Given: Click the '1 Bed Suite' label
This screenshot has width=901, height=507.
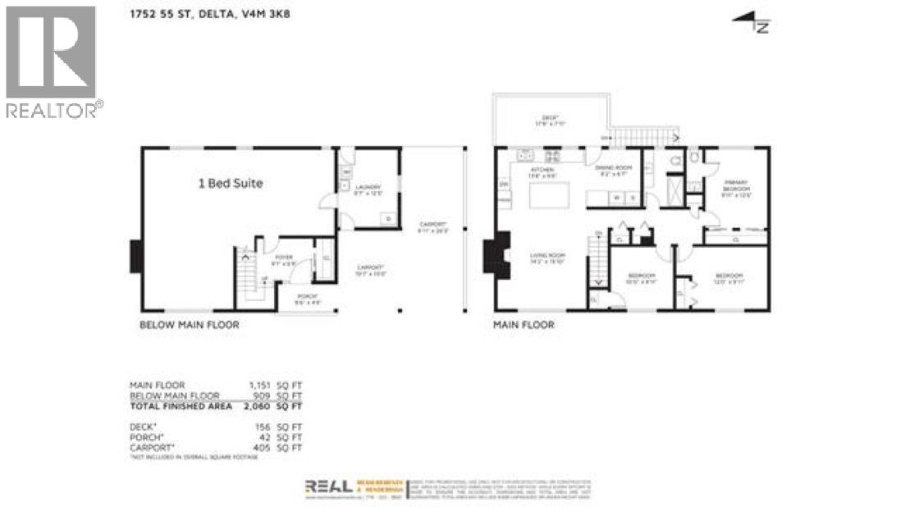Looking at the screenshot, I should pos(231,184).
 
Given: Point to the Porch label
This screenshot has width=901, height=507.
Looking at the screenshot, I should pos(307,299).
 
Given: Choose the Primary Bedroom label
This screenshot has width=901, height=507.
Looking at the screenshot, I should pos(736,189).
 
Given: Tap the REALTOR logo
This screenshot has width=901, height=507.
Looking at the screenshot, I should pos(53,62).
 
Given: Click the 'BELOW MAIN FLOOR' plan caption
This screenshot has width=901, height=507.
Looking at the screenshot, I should pos(189,325).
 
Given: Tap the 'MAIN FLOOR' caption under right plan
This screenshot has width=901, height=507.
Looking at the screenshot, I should pos(523,325).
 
